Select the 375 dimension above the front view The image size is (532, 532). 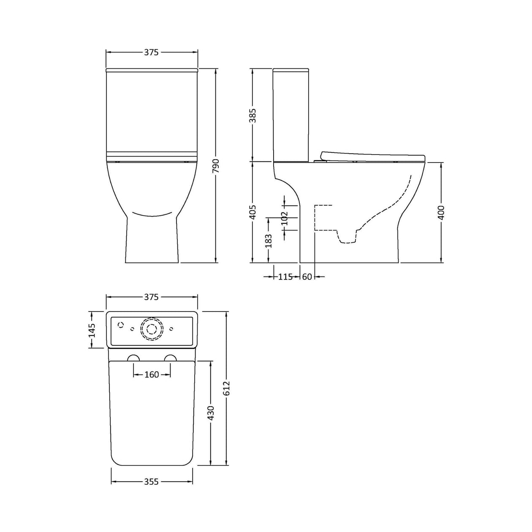151,52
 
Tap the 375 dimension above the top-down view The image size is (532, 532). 151,297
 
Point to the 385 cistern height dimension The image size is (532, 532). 252,115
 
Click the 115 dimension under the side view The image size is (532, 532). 285,277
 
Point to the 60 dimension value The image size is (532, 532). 307,277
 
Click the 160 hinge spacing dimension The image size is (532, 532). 152,375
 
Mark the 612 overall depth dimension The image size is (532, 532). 226,388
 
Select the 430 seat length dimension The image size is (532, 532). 211,413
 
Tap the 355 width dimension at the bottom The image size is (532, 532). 151,481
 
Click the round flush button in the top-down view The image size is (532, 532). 152,328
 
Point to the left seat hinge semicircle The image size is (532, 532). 133,358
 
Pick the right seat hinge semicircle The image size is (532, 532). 171,358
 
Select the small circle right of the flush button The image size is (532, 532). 171,328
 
